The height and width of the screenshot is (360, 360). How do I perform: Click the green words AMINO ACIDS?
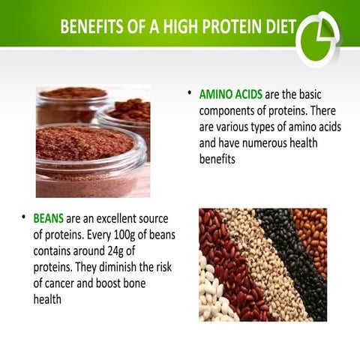pos(226,96)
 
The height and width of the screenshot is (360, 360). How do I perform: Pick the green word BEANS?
pos(48,220)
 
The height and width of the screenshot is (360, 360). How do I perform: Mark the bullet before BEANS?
pos(24,219)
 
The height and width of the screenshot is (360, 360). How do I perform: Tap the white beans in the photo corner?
pos(213,296)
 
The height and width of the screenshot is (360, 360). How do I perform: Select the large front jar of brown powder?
pos(85,154)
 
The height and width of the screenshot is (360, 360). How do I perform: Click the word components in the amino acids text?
pos(230,111)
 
